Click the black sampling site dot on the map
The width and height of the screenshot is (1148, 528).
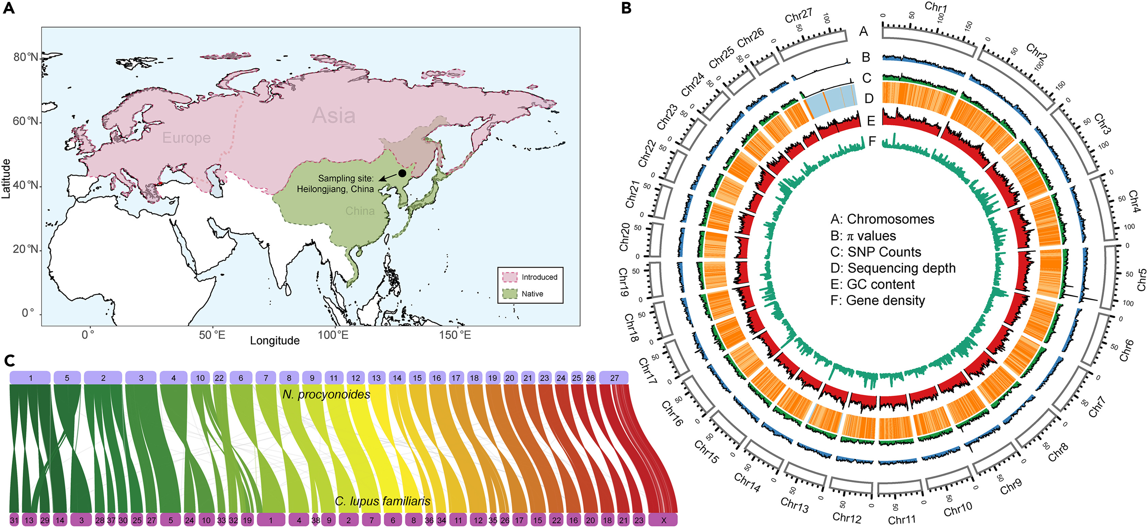click(x=402, y=173)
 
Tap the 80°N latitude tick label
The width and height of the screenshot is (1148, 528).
click(x=26, y=57)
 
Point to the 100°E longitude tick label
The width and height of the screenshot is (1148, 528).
click(x=333, y=335)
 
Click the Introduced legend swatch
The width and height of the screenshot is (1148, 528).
click(x=510, y=277)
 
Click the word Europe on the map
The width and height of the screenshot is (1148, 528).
click(x=186, y=138)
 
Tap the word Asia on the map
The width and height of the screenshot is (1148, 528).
click(x=333, y=115)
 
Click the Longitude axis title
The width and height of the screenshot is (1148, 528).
click(x=274, y=341)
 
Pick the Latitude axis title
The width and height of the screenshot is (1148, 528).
click(x=6, y=178)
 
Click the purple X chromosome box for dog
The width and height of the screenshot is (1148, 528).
click(x=663, y=520)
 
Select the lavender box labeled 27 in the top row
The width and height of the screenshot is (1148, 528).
click(x=614, y=378)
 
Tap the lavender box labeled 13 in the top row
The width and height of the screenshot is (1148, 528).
click(x=376, y=378)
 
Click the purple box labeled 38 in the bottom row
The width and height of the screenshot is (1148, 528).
click(x=316, y=520)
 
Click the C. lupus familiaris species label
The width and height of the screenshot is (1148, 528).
click(x=382, y=501)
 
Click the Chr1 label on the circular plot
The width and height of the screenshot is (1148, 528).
click(x=936, y=7)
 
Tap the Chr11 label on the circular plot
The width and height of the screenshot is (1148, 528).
click(x=901, y=520)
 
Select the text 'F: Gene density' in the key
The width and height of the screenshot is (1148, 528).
click(x=878, y=300)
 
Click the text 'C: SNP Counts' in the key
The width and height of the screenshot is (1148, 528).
click(x=876, y=252)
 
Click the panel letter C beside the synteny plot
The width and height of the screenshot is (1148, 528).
click(x=10, y=361)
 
